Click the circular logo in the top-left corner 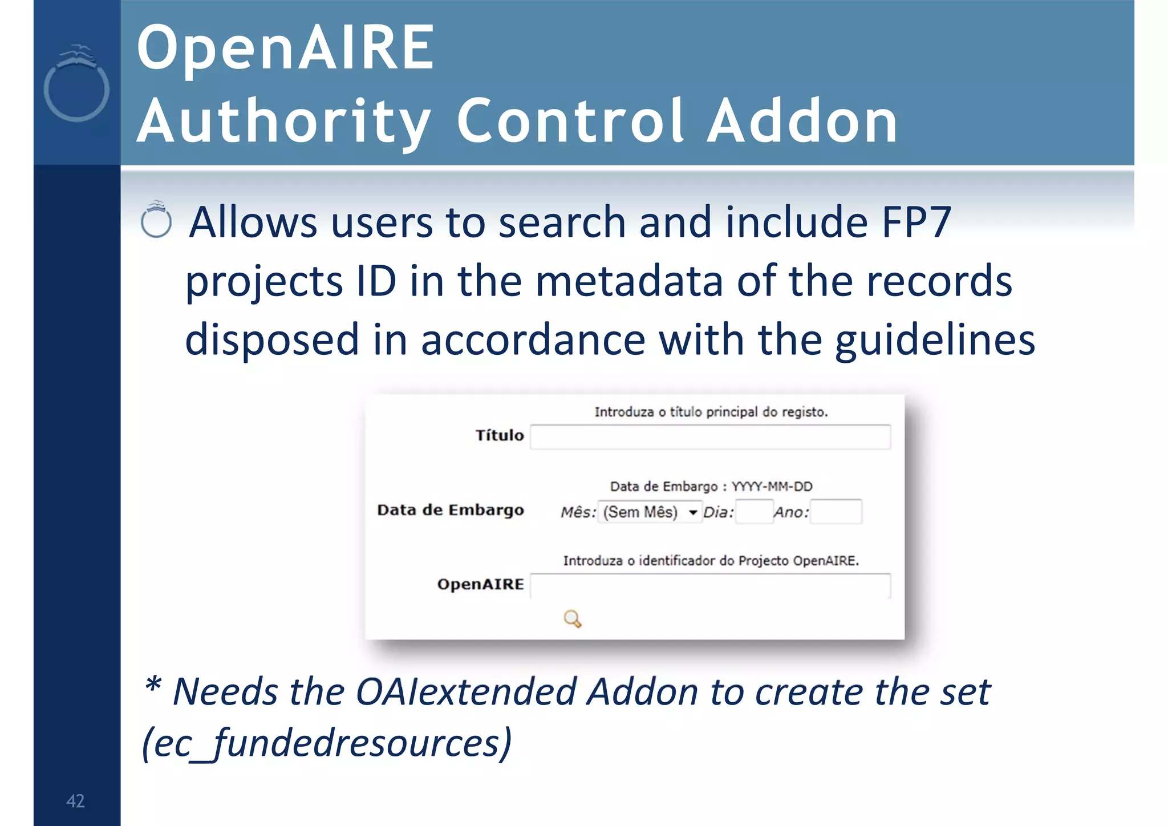[76, 86]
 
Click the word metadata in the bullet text [629, 281]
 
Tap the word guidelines [935, 340]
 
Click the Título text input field [710, 437]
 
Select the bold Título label [500, 436]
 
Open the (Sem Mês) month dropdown [650, 512]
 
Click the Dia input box [753, 512]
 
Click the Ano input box [836, 512]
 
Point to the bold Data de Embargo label [451, 510]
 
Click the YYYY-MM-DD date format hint [772, 487]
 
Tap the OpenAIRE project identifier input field [710, 586]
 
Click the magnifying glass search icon [572, 619]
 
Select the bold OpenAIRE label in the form [480, 585]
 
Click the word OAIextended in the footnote [466, 692]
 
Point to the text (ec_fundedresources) [327, 743]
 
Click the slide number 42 [75, 801]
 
